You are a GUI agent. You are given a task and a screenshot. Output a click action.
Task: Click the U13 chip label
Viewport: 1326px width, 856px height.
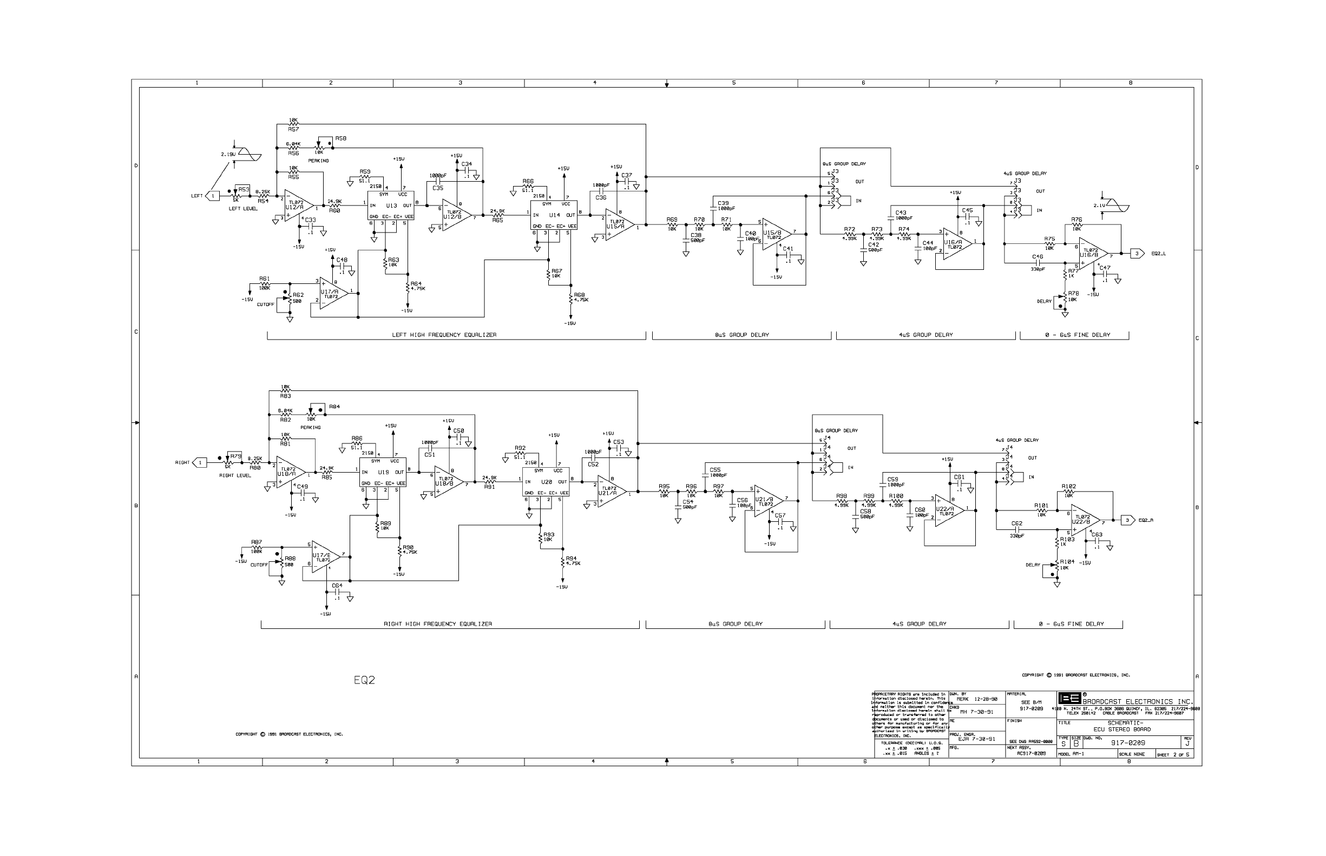click(x=391, y=205)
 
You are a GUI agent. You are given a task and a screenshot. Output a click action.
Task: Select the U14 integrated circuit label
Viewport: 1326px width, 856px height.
click(x=555, y=215)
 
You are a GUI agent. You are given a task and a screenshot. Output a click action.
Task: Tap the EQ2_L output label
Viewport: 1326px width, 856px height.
click(x=1158, y=254)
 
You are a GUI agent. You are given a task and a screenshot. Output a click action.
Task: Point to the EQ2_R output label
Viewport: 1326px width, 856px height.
click(x=1146, y=520)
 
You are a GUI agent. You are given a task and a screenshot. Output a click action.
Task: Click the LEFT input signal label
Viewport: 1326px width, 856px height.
click(x=197, y=196)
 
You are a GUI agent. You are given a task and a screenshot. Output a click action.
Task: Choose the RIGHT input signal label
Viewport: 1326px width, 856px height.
click(x=182, y=462)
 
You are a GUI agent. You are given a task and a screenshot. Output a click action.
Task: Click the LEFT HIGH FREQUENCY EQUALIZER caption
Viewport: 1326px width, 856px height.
click(x=444, y=335)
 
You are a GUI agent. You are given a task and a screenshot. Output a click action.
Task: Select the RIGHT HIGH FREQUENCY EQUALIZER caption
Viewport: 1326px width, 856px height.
click(x=438, y=623)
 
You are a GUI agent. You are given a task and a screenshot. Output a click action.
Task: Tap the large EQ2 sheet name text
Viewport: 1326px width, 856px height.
click(x=364, y=680)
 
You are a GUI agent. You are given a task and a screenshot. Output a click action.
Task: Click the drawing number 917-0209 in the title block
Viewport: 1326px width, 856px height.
click(x=1128, y=742)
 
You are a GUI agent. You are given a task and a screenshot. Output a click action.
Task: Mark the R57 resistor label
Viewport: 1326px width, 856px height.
click(x=293, y=129)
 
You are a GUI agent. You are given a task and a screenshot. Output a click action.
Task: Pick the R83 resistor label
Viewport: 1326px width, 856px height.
click(x=285, y=396)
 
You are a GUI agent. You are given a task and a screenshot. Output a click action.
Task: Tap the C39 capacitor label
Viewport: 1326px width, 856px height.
click(x=723, y=203)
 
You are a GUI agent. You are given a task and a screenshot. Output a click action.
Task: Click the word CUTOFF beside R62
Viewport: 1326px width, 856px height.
click(x=265, y=304)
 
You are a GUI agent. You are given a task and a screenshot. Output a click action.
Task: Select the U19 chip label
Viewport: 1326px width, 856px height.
click(x=383, y=472)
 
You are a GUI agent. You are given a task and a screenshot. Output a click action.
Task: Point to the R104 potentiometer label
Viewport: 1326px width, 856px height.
click(x=1067, y=562)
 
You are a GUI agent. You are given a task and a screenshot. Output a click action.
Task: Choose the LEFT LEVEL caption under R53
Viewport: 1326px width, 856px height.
click(x=243, y=208)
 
